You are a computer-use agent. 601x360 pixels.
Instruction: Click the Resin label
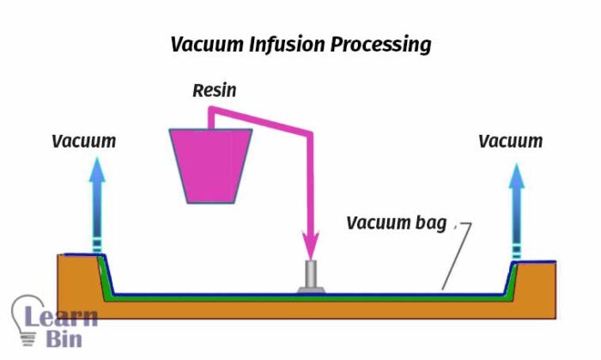(215, 88)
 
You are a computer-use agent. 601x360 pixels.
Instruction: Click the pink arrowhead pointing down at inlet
(308, 242)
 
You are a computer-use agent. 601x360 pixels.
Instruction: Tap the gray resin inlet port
(310, 277)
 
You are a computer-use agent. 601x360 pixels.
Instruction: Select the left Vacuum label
(84, 141)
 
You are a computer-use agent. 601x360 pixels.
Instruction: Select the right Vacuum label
(511, 141)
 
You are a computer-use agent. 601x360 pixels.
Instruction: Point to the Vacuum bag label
(397, 223)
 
